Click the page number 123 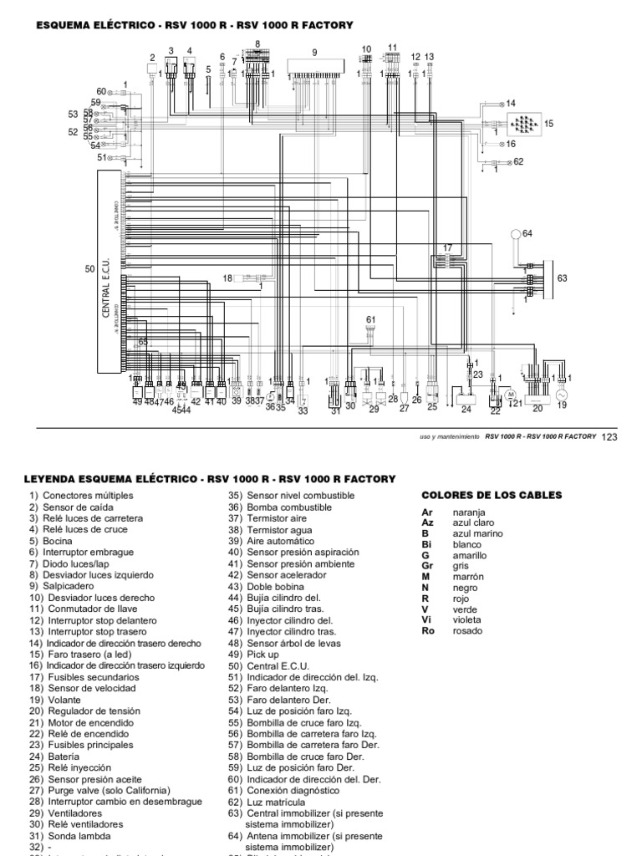pos(609,436)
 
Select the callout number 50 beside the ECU pos(90,268)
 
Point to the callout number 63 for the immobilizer pos(562,278)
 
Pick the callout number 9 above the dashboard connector pos(315,53)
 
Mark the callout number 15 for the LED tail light pos(549,123)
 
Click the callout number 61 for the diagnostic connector pos(371,319)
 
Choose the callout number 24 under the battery pos(466,410)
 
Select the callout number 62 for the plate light pos(518,161)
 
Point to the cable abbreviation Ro pos(428,631)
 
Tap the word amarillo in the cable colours pos(470,555)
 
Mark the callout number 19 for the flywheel pos(562,405)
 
